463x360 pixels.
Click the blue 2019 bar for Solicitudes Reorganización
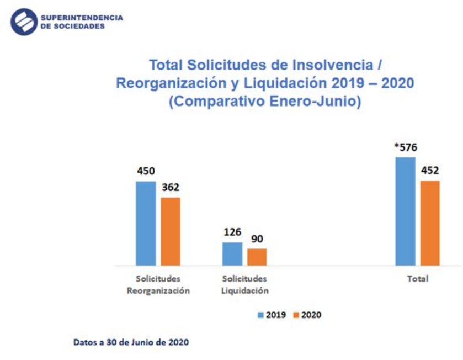146,224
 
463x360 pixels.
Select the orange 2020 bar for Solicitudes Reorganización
171,231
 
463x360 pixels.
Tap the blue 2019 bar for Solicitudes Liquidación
232,254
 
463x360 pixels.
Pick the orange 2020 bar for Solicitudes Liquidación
257,257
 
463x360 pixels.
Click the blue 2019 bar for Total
405,211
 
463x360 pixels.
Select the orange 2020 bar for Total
429,223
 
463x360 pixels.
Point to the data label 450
146,171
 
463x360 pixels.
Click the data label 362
171,187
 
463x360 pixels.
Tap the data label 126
232,232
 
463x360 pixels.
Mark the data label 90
257,239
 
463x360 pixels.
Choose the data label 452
429,170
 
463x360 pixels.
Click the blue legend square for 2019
260,315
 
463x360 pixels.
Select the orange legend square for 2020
296,315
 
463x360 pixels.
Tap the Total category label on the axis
417,279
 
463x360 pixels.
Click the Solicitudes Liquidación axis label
244,285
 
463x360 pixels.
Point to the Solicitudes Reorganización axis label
158,285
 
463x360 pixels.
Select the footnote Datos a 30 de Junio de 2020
131,342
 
